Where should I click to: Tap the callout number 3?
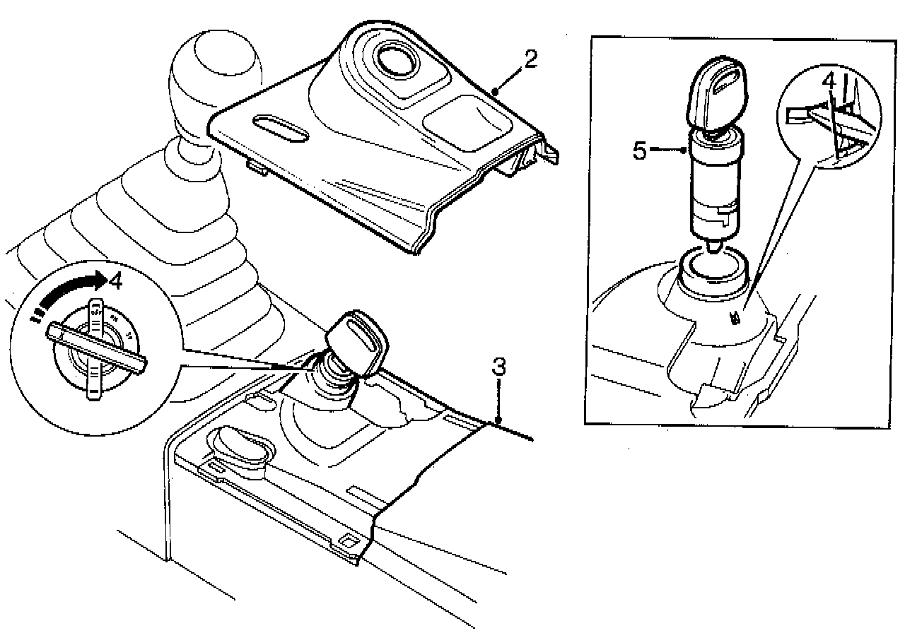[x=499, y=368]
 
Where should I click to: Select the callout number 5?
[x=640, y=150]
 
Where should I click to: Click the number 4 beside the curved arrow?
[x=115, y=281]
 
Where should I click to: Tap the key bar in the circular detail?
[x=95, y=347]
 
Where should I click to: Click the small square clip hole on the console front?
[x=348, y=542]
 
